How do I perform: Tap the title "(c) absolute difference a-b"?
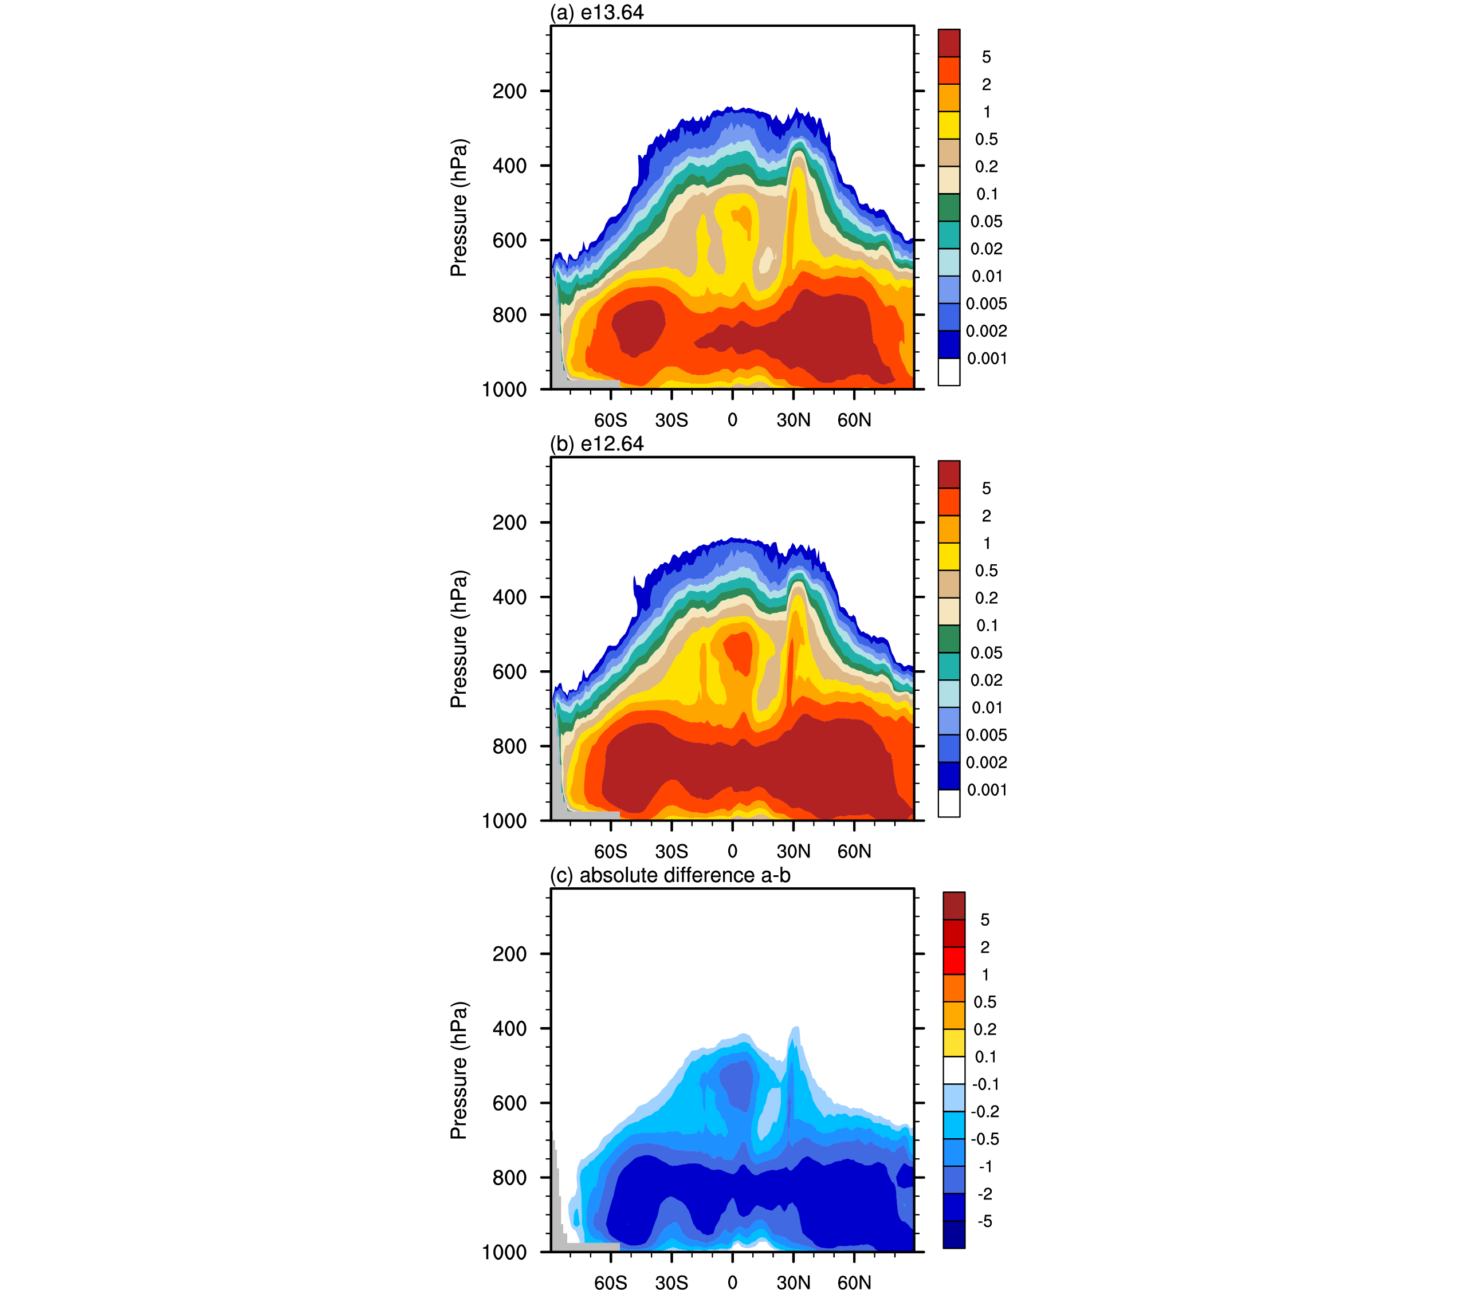coord(670,875)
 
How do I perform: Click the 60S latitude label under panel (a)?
coord(610,420)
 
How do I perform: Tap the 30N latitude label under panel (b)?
coord(794,851)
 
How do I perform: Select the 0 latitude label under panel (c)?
coord(732,1282)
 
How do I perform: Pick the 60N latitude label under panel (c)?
coord(854,1282)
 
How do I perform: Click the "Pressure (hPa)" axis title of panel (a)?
coord(459,208)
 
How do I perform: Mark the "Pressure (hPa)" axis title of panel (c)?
coord(459,1071)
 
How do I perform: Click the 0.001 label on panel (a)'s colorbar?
coord(987,359)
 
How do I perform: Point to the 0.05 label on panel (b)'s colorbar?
coord(987,653)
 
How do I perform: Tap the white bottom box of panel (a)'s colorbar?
coord(949,372)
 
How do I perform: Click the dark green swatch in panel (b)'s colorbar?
coord(949,639)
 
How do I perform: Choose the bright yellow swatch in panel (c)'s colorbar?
coord(953,1043)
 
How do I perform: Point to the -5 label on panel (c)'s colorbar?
coord(984,1221)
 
